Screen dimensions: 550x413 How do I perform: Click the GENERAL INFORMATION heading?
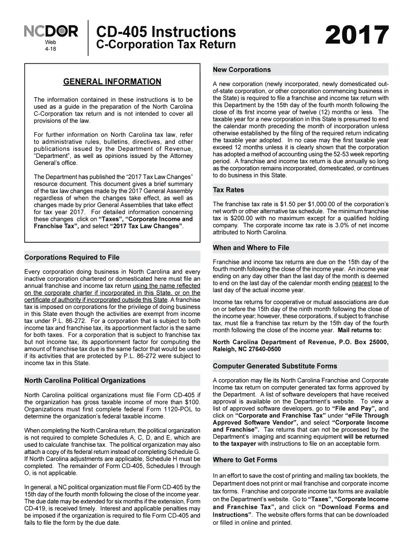[112, 82]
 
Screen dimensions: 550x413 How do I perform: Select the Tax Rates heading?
[228, 190]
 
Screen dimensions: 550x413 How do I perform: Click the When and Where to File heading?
[250, 248]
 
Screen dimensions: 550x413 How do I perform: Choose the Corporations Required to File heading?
[72, 257]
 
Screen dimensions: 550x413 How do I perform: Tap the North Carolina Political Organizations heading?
[85, 380]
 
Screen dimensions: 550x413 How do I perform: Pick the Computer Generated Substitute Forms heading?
[275, 366]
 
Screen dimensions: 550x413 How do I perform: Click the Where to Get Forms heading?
[245, 460]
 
